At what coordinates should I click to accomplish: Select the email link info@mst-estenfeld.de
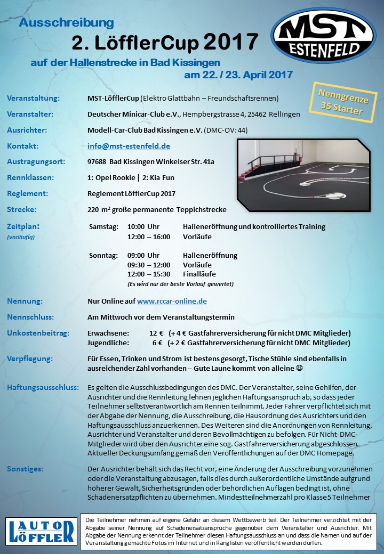(129, 145)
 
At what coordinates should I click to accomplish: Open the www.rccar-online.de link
(172, 301)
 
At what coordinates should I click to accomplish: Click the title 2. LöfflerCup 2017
(165, 42)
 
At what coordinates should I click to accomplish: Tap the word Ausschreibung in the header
(66, 23)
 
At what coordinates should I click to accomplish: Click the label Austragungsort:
(35, 161)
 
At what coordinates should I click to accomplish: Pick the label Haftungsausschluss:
(43, 387)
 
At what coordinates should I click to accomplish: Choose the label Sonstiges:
(25, 469)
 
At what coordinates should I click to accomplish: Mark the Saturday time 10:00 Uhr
(143, 226)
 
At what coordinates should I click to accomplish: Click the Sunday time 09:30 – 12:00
(149, 265)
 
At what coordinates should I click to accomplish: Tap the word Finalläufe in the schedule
(199, 274)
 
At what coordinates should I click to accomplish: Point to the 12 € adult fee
(156, 333)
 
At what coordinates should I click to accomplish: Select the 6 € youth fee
(157, 343)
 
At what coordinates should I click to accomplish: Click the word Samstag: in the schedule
(103, 226)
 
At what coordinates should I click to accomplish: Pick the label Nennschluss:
(30, 317)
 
